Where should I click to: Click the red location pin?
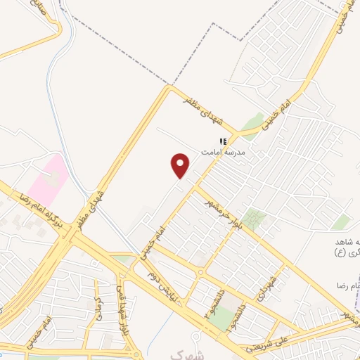[181, 165]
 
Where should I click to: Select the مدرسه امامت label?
[222, 152]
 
